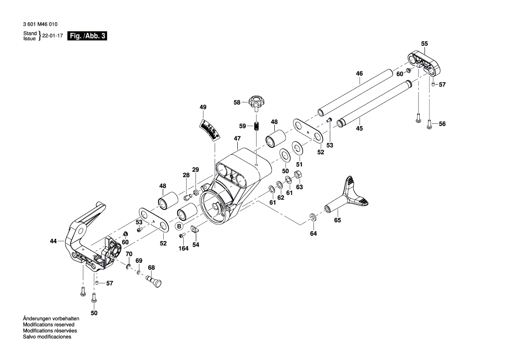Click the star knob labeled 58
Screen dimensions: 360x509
click(x=256, y=103)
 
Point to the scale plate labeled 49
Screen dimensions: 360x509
click(x=210, y=129)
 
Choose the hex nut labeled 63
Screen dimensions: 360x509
click(x=299, y=176)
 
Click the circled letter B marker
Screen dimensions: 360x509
click(x=179, y=226)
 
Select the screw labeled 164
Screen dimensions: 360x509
click(x=182, y=235)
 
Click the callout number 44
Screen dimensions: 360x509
click(x=53, y=241)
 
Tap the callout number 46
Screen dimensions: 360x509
click(x=359, y=74)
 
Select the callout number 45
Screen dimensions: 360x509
click(x=359, y=129)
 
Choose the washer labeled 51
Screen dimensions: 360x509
click(x=298, y=147)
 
